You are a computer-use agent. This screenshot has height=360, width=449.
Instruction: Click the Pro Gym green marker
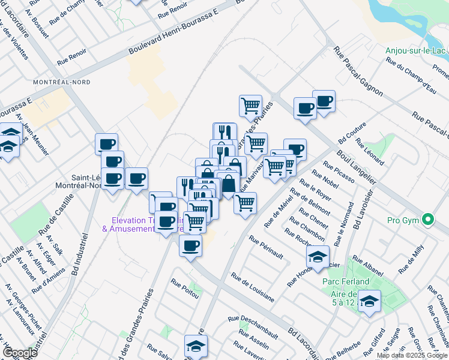coord(428,220)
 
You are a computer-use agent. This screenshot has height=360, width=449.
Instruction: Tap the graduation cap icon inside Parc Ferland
coord(370,301)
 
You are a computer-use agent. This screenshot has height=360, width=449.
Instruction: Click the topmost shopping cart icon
coord(250,106)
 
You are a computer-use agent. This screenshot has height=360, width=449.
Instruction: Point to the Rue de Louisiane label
coord(252,287)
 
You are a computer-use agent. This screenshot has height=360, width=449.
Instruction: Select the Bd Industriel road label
coord(79,254)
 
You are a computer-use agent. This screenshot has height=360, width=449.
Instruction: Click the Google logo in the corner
coord(20,353)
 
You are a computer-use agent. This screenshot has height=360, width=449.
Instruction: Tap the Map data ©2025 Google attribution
coord(412,355)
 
